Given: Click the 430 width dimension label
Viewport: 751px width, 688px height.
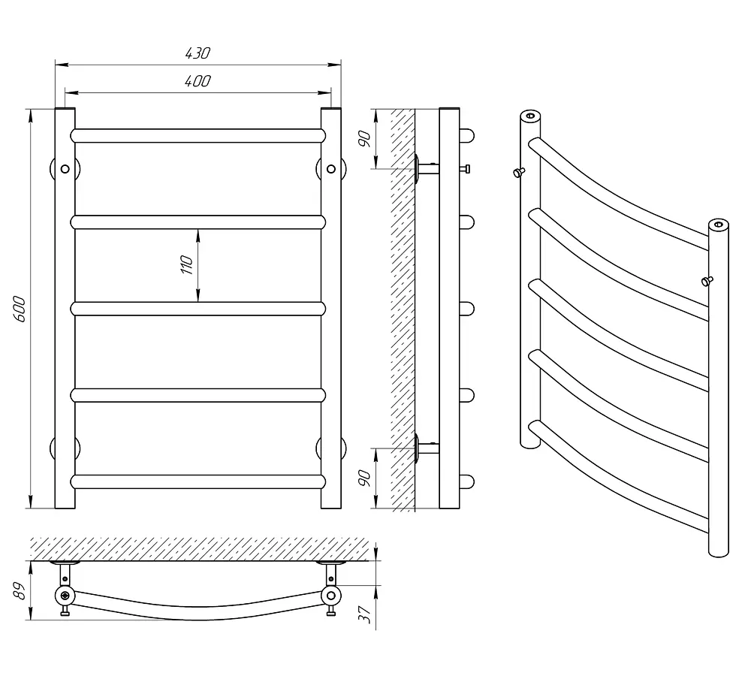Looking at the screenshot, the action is pyautogui.click(x=198, y=53).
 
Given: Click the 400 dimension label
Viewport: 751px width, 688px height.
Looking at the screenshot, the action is pyautogui.click(x=198, y=81).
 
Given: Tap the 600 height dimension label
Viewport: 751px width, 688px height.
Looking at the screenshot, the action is pyautogui.click(x=19, y=309).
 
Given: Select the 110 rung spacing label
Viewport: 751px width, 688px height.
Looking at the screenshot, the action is pyautogui.click(x=187, y=265).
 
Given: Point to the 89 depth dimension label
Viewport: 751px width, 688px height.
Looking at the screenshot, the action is pyautogui.click(x=19, y=591).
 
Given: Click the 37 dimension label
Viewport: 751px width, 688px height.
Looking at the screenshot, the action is pyautogui.click(x=365, y=614).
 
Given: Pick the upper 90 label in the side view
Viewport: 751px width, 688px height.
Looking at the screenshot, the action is pyautogui.click(x=365, y=139).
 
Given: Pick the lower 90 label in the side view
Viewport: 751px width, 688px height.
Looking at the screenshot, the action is pyautogui.click(x=365, y=478).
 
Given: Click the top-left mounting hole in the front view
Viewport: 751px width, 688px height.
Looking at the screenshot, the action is pyautogui.click(x=65, y=169).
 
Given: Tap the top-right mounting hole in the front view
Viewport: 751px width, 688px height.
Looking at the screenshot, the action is pyautogui.click(x=331, y=169).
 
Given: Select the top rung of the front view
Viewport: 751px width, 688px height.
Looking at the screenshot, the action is pyautogui.click(x=198, y=136).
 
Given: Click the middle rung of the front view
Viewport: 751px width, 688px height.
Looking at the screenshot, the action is pyautogui.click(x=198, y=309).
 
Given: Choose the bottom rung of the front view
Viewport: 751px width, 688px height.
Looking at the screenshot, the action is pyautogui.click(x=198, y=481).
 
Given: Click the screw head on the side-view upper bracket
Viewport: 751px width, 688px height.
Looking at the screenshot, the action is pyautogui.click(x=465, y=169).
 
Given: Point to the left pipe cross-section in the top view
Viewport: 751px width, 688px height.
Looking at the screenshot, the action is pyautogui.click(x=65, y=596).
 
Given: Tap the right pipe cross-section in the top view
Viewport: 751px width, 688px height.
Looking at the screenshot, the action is pyautogui.click(x=331, y=596).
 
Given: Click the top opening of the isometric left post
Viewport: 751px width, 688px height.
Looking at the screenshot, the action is pyautogui.click(x=530, y=116).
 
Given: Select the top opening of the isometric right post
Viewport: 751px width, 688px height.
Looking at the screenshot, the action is pyautogui.click(x=719, y=225).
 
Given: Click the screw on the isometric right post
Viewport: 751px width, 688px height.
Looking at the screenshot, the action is pyautogui.click(x=707, y=281).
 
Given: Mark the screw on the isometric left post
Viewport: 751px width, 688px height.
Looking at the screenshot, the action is pyautogui.click(x=519, y=172).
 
